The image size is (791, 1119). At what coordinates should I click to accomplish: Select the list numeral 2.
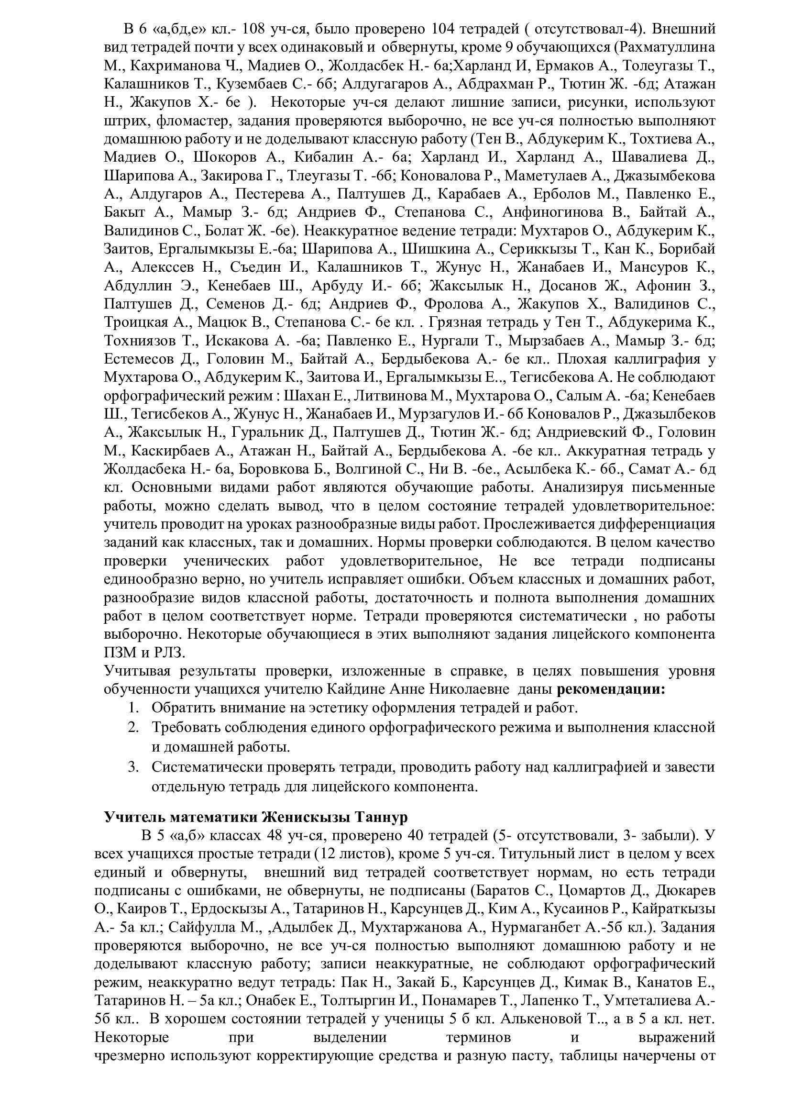click(x=133, y=728)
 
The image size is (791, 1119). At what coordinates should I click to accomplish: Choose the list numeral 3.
click(x=133, y=767)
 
